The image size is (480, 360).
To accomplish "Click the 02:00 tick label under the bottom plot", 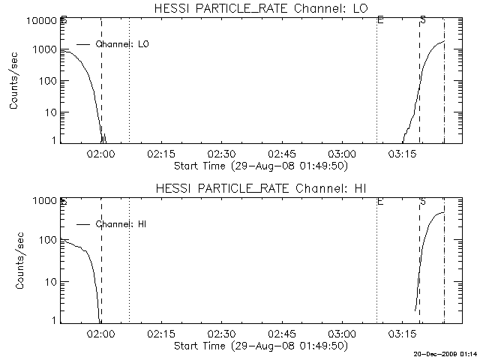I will [100, 333].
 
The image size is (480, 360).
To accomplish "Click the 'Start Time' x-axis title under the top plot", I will [259, 165].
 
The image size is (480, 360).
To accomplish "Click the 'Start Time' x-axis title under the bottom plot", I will [259, 346].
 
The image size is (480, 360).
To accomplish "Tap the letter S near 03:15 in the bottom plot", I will [422, 202].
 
